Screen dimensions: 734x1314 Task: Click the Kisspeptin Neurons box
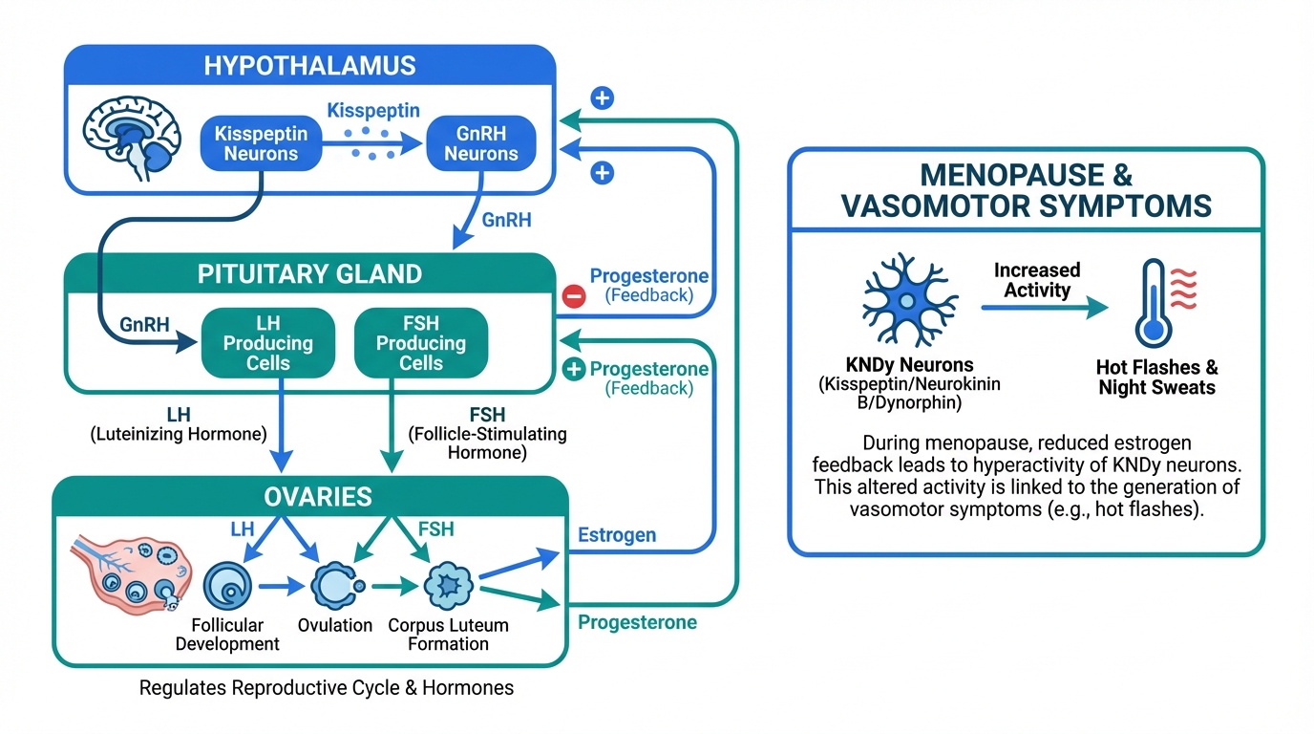[261, 143]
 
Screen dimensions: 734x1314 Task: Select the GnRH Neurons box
[480, 143]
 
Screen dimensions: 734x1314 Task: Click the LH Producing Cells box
[268, 341]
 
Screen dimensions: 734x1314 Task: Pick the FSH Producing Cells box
[421, 341]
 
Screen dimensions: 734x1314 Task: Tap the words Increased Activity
[1037, 280]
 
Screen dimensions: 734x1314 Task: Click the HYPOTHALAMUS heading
[309, 66]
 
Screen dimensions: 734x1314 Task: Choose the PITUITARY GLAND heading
[309, 274]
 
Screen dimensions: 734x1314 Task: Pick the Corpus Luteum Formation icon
[447, 585]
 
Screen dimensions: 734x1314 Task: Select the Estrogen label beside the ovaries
[617, 535]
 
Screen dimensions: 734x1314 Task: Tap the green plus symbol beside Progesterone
[574, 370]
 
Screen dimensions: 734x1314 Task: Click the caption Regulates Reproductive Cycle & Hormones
[326, 688]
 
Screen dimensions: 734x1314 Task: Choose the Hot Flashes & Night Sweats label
[1157, 378]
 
